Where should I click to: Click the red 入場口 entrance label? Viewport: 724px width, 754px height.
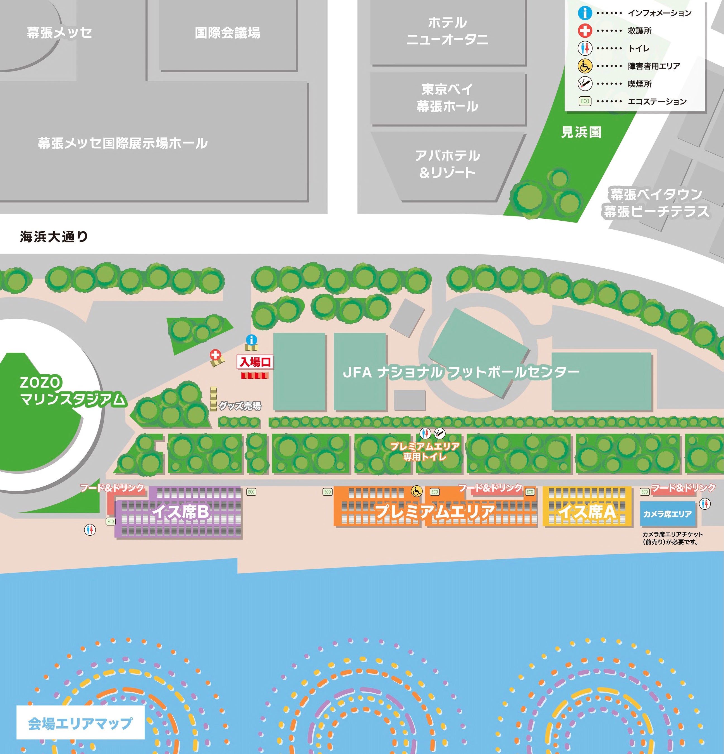tap(255, 362)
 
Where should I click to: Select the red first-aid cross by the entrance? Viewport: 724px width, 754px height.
tap(215, 355)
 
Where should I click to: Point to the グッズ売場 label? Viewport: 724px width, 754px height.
tap(240, 406)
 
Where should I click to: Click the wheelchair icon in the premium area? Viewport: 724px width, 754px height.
tap(416, 491)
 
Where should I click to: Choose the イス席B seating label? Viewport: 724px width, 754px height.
tap(181, 512)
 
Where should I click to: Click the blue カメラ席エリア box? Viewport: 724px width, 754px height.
tap(667, 514)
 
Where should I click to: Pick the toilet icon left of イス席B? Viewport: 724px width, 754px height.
tap(90, 530)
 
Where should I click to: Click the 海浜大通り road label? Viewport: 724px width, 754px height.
tap(54, 237)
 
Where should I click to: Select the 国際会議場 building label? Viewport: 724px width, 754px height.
tap(227, 33)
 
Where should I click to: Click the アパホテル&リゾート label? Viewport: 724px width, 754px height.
tap(447, 164)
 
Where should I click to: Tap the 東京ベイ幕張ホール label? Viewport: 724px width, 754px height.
tap(447, 98)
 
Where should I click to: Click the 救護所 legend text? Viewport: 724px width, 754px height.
tap(639, 31)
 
